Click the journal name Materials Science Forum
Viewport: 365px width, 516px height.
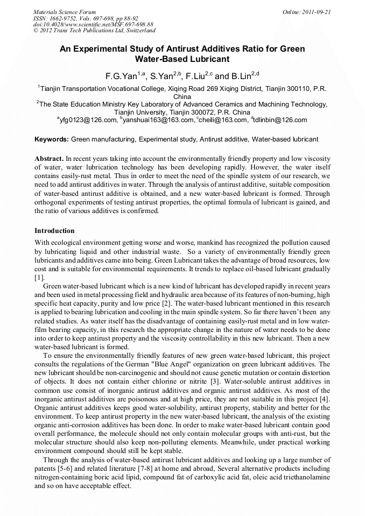(65, 11)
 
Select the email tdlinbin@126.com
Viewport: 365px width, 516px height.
(280, 120)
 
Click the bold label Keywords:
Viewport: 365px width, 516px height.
(52, 139)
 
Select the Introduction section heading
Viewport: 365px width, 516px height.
(54, 231)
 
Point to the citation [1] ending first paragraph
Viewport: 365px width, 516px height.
(39, 278)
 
